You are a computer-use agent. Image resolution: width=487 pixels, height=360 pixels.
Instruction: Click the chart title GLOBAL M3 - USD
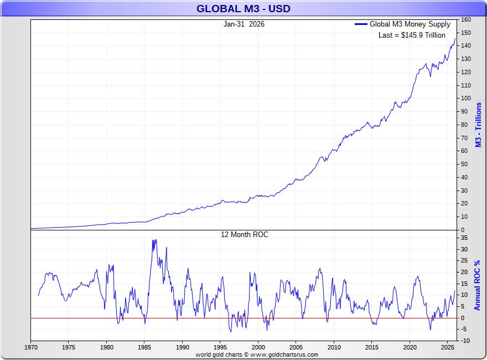tap(244, 9)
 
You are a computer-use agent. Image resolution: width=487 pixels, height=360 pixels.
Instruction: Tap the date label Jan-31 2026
tap(244, 24)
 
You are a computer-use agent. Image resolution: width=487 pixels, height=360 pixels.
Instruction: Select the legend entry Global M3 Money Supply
tap(410, 24)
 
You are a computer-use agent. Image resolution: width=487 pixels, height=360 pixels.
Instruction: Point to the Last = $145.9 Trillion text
tap(411, 35)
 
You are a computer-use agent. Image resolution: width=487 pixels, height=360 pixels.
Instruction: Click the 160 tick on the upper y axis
tap(465, 19)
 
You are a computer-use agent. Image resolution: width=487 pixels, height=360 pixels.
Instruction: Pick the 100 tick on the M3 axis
tap(465, 99)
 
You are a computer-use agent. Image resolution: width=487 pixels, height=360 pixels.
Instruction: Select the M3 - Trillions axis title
tap(478, 125)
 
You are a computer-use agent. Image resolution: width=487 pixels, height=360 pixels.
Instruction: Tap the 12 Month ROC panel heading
tap(244, 235)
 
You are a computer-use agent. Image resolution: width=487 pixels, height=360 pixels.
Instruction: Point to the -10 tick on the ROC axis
tap(465, 341)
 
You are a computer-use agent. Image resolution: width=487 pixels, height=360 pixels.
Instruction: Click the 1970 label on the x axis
tap(31, 348)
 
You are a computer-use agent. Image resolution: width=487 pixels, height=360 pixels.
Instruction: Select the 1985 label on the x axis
tap(144, 348)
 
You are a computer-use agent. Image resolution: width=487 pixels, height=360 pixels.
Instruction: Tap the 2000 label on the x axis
tap(258, 348)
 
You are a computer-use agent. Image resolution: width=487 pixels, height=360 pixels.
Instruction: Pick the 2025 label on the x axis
tap(447, 348)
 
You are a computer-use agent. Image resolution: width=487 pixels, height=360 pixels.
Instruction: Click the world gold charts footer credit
tap(257, 354)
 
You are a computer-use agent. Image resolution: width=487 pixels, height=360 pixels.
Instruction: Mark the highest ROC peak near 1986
tap(154, 240)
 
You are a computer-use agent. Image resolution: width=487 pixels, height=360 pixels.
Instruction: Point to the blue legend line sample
tap(361, 24)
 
